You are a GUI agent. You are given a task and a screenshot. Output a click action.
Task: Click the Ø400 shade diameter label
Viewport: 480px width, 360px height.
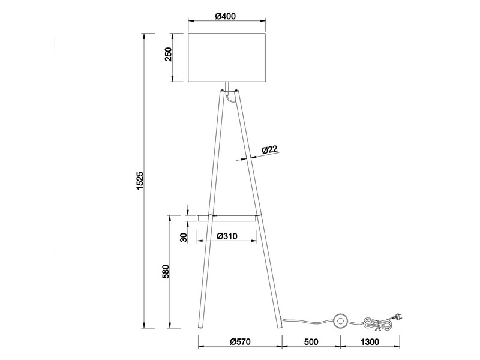pos(225,16)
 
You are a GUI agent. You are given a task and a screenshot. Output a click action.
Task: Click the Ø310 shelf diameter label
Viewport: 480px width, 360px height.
pos(227,236)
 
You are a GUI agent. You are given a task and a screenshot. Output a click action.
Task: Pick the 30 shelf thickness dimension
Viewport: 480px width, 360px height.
pos(184,236)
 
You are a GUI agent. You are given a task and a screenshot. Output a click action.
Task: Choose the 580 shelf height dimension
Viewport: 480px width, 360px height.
pos(169,272)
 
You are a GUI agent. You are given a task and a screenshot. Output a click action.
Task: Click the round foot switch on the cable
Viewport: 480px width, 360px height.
pos(341,322)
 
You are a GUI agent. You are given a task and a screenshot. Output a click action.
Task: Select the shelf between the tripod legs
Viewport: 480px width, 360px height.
pos(234,215)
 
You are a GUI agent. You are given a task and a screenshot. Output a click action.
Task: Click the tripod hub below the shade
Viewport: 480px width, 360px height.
pos(226,91)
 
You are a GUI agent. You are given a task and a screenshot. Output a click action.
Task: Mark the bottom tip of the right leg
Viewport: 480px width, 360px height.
pos(280,328)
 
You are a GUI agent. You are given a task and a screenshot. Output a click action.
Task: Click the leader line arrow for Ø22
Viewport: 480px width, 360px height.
pos(245,158)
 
